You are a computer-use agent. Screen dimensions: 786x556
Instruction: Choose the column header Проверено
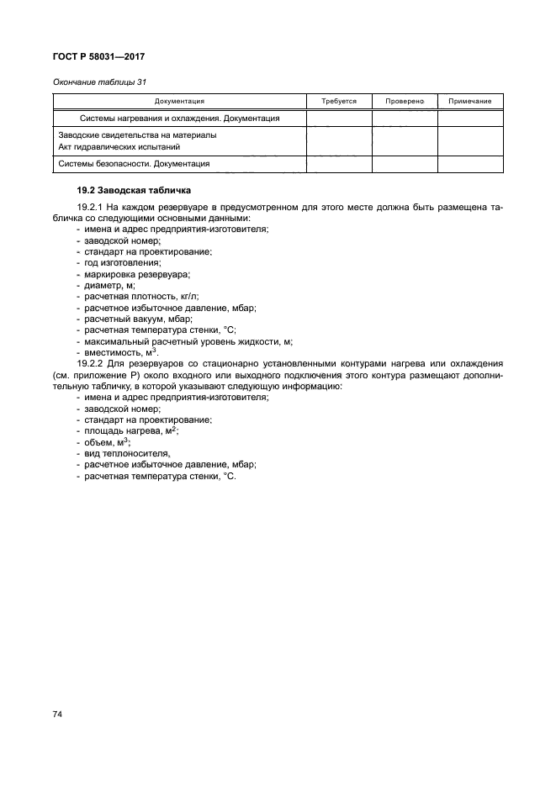[405, 101]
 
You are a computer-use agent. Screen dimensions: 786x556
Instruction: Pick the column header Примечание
[470, 101]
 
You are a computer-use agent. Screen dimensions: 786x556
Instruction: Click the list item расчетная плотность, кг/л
[143, 297]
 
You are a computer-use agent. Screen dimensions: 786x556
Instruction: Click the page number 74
[58, 714]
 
